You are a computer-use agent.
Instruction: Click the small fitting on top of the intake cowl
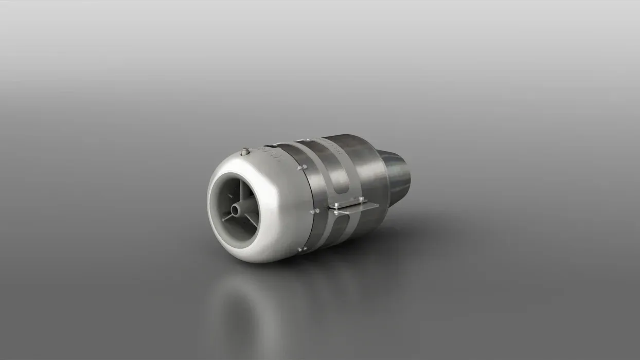[x=245, y=151]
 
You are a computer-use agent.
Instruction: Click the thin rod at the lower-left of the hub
[x=227, y=218]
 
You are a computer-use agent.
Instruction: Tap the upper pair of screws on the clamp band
[x=302, y=167]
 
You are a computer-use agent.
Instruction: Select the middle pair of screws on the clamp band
[x=315, y=210]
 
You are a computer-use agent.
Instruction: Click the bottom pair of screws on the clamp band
[x=303, y=249]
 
